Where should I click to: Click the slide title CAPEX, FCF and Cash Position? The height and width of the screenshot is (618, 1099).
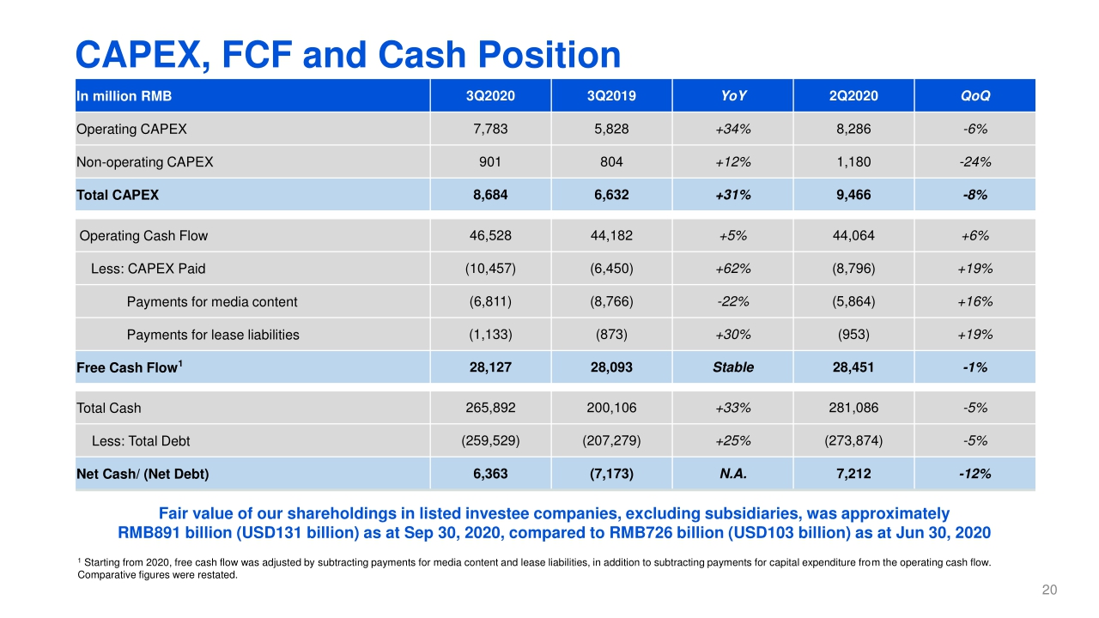(x=348, y=56)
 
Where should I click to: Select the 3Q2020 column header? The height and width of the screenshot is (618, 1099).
(x=490, y=96)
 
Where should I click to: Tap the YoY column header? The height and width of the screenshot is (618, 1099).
(x=732, y=96)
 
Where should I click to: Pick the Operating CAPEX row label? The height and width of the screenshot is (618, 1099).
(x=131, y=130)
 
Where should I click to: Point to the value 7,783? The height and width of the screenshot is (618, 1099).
(x=490, y=130)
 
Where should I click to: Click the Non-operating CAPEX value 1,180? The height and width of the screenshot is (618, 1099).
(x=853, y=161)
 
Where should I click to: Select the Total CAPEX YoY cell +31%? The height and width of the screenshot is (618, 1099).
(x=732, y=195)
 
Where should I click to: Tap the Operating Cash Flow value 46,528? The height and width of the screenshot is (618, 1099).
(x=490, y=235)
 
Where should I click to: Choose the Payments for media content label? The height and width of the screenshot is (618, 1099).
(x=212, y=301)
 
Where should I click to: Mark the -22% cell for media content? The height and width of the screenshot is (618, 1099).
(x=732, y=301)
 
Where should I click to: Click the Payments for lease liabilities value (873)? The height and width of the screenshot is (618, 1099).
(x=611, y=334)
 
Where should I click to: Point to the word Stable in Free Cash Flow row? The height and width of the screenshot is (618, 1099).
(x=732, y=367)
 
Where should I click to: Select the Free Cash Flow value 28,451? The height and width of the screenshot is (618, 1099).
(x=853, y=367)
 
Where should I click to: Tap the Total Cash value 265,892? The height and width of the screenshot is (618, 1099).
(x=490, y=408)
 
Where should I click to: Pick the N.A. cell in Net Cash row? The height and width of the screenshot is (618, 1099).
(x=732, y=473)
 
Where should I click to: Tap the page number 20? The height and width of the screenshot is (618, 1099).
(x=1048, y=590)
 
